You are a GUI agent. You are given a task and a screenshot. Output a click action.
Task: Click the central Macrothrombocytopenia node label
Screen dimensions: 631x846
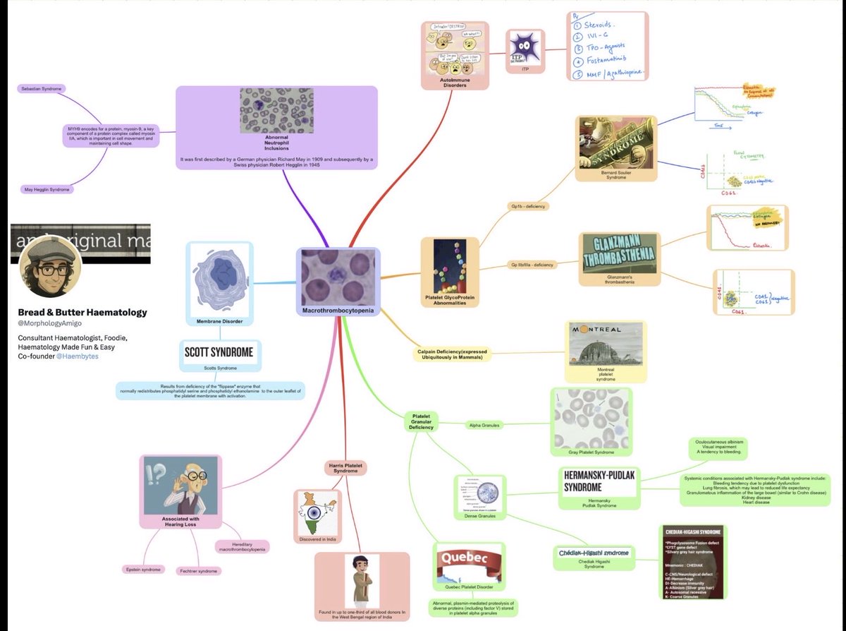(339, 311)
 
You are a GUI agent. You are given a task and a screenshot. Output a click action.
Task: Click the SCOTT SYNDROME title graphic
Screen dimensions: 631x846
(219, 352)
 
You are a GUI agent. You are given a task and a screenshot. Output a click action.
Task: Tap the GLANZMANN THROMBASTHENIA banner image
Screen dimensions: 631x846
(620, 253)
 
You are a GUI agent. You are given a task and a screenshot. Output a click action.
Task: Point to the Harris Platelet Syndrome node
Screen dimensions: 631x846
(347, 467)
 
